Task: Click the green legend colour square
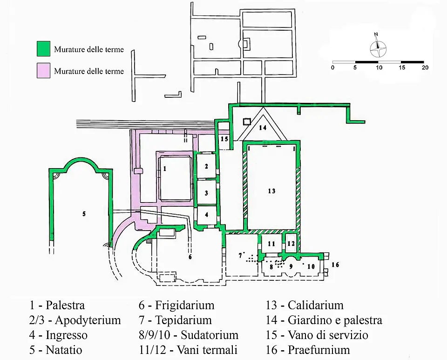point(44,48)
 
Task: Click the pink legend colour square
point(44,70)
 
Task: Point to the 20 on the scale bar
point(425,68)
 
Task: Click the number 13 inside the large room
point(271,190)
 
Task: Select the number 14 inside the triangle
point(263,128)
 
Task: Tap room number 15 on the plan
point(224,139)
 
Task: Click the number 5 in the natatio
point(84,214)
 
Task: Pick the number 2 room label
point(206,166)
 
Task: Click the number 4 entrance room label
point(207,214)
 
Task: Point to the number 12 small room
point(291,244)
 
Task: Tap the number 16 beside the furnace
point(335,265)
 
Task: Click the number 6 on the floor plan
point(190,257)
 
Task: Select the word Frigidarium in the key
point(185,305)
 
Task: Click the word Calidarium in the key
point(316,305)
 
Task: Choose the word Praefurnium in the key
point(319,350)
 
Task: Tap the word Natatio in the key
point(64,350)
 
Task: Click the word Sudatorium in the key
point(210,335)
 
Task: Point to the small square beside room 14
point(247,122)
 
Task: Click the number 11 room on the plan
point(271,244)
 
